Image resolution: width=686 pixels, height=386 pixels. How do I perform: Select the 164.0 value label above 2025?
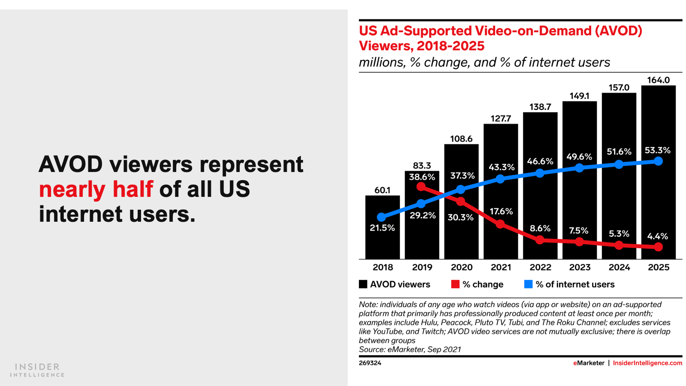click(658, 80)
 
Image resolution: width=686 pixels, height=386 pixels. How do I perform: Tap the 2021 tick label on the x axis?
click(501, 267)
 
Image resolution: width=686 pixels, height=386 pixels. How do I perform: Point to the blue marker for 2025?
click(659, 161)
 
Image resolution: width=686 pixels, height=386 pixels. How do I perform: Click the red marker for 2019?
click(421, 187)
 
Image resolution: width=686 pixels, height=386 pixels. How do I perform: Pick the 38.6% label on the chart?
click(422, 177)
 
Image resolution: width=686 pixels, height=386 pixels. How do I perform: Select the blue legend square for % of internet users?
click(528, 284)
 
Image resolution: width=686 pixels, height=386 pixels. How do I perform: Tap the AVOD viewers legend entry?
click(394, 284)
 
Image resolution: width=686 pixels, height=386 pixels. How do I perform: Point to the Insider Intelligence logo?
click(37, 370)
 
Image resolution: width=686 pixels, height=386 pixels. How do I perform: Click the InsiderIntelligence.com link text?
click(647, 363)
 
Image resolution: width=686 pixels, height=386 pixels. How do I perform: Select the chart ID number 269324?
click(370, 363)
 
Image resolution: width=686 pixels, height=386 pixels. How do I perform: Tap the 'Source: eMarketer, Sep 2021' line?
click(410, 350)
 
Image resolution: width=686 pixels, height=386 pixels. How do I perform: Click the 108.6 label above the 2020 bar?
click(461, 139)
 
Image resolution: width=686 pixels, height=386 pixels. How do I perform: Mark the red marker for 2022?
click(540, 240)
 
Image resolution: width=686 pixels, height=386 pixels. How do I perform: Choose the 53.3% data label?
click(657, 151)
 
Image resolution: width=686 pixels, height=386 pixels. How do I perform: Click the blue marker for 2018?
click(382, 217)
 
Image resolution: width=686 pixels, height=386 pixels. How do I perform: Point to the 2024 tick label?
click(619, 267)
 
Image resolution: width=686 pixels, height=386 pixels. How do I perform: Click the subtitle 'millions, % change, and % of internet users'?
click(484, 63)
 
